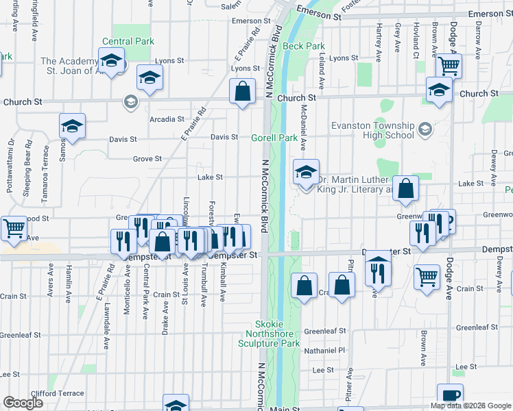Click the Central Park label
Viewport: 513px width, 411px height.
[x=128, y=42]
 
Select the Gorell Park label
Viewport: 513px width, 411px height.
[x=274, y=138]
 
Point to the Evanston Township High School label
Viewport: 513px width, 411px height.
[x=372, y=130]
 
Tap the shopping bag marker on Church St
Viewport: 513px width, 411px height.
[x=243, y=91]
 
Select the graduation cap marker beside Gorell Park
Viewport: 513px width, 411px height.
[x=306, y=173]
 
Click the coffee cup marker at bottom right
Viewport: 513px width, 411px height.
[x=450, y=395]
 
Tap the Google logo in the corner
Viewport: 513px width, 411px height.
[x=23, y=403]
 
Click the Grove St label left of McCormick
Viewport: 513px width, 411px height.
[x=147, y=159]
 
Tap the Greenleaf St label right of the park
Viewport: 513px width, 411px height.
[x=325, y=331]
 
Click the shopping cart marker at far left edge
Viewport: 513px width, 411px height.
[x=14, y=229]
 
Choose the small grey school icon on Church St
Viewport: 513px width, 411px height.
[x=130, y=102]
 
